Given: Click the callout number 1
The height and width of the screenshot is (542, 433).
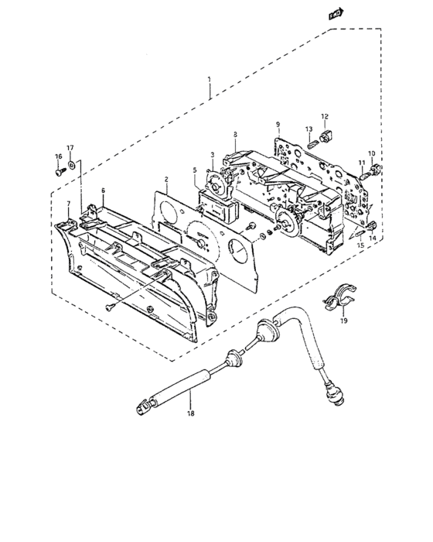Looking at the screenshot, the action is pyautogui.click(x=210, y=80).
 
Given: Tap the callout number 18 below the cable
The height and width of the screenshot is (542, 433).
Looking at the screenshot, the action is pyautogui.click(x=191, y=413).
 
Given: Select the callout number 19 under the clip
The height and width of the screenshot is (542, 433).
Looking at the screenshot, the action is pyautogui.click(x=343, y=321).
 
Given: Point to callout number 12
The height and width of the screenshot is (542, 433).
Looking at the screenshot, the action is pyautogui.click(x=325, y=116).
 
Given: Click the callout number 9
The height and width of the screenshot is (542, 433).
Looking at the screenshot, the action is pyautogui.click(x=278, y=124).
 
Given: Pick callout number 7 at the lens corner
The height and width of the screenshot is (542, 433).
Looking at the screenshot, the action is pyautogui.click(x=68, y=203).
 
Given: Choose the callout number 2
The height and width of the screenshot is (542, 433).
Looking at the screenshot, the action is pyautogui.click(x=166, y=180).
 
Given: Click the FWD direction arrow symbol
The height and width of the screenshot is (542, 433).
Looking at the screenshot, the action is pyautogui.click(x=336, y=14).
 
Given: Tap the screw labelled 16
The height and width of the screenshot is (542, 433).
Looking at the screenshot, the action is pyautogui.click(x=60, y=171).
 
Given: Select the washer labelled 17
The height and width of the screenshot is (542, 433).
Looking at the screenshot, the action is pyautogui.click(x=72, y=165).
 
